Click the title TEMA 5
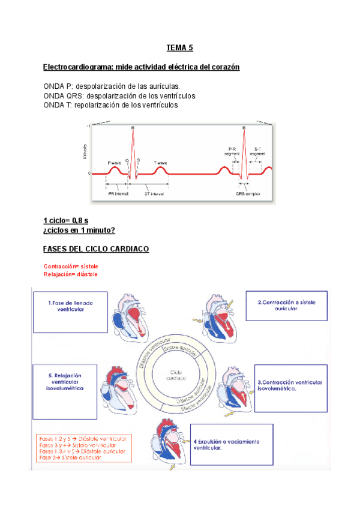pos(181,47)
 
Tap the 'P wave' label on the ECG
pos(114,163)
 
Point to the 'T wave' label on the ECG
pos(160,163)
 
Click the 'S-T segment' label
pos(257,151)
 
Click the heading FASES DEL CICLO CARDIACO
pos(96,249)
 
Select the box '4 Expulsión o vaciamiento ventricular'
pos(231,444)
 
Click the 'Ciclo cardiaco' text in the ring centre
pos(178,376)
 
